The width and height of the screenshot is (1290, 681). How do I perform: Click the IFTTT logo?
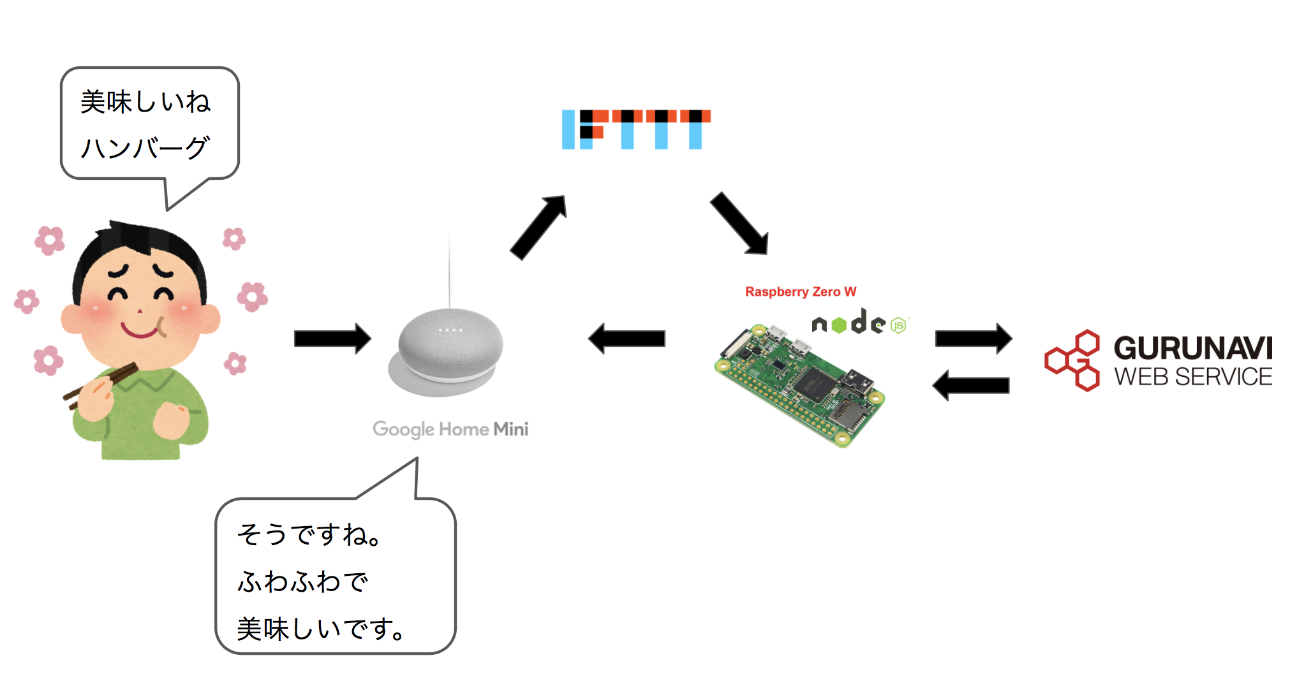click(635, 129)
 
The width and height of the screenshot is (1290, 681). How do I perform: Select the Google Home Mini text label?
click(450, 429)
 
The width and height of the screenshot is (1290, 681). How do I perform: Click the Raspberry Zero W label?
click(800, 292)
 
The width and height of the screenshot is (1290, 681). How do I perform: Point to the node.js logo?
click(858, 323)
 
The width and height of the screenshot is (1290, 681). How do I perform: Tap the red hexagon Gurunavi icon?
click(1073, 361)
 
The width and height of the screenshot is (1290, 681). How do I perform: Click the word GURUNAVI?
click(1192, 348)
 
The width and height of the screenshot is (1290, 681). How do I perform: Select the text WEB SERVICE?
click(1192, 377)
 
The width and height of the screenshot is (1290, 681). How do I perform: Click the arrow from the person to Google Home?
click(332, 339)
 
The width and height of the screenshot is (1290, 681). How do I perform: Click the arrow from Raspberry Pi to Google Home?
click(626, 339)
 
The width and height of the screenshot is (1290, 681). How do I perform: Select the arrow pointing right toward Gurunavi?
click(973, 339)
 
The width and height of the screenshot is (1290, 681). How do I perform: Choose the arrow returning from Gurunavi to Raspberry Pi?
click(970, 385)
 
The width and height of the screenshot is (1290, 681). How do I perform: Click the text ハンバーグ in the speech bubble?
click(145, 148)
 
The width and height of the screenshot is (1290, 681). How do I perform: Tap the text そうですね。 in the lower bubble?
click(309, 534)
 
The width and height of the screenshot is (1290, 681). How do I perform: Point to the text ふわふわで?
click(302, 582)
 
